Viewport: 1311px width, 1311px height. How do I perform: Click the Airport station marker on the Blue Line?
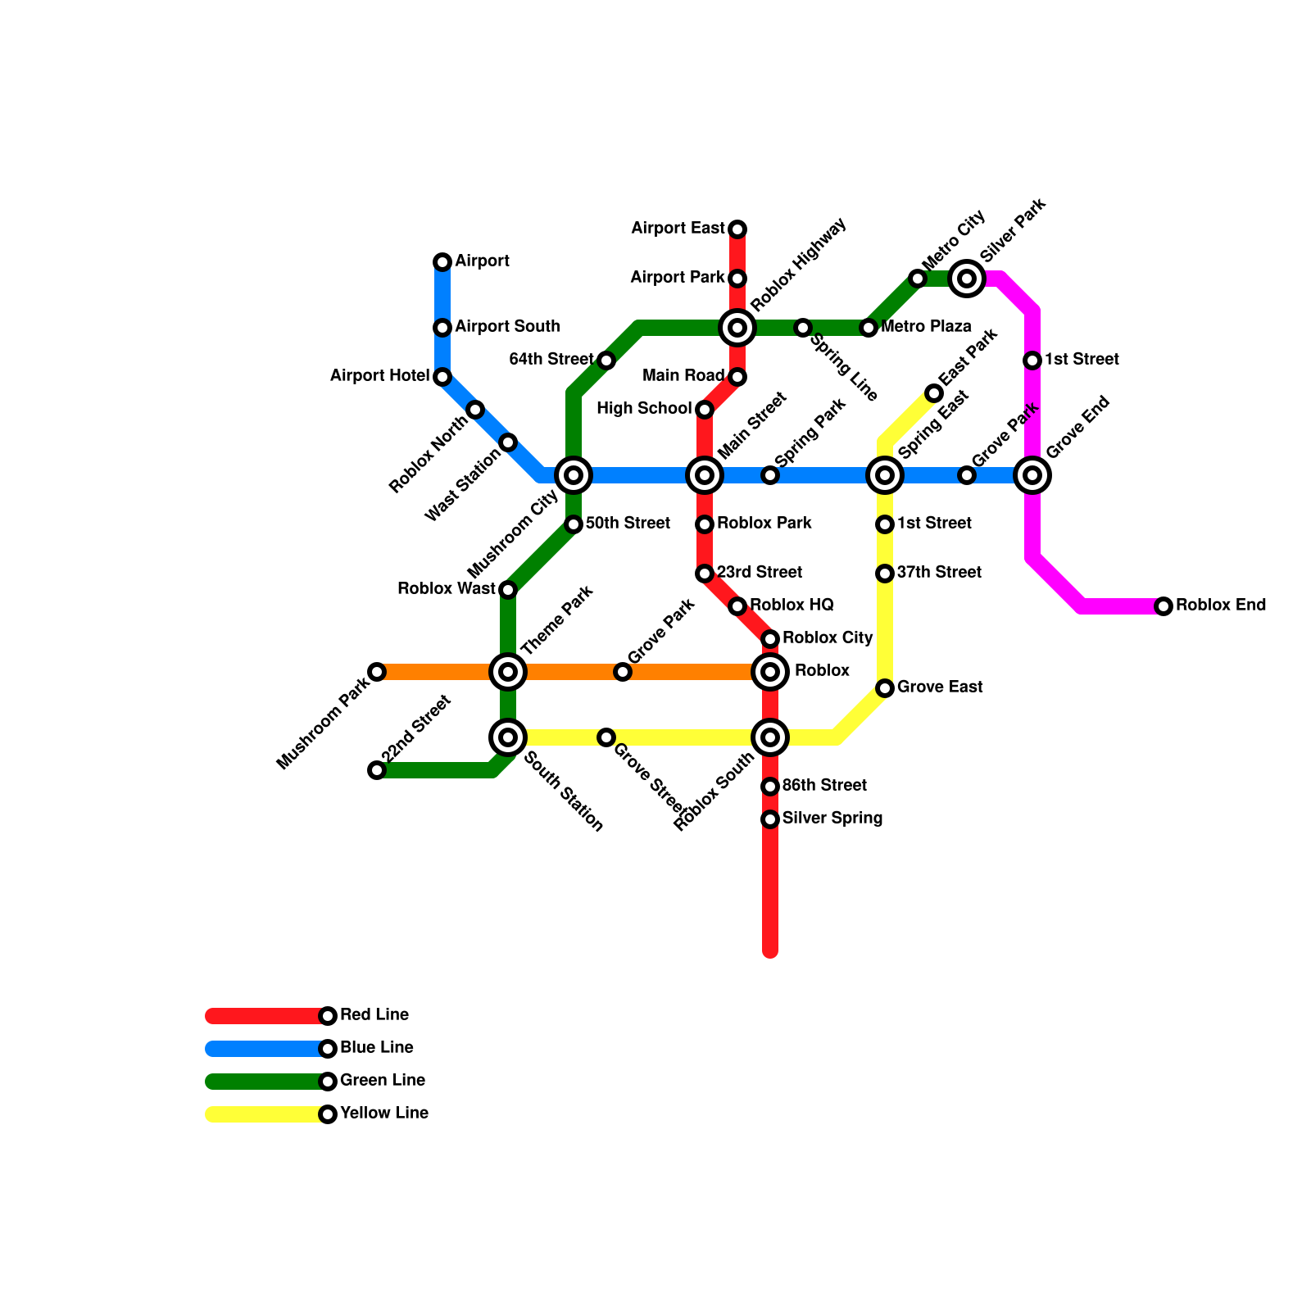tap(442, 262)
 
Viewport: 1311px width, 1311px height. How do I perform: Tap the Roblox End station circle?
tap(1164, 606)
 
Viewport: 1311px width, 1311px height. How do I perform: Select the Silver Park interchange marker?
tap(967, 279)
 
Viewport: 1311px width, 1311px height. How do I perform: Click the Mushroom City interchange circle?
tap(574, 475)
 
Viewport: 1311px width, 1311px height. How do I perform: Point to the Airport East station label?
tap(678, 229)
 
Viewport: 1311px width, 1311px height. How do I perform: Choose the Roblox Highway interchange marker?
tap(737, 328)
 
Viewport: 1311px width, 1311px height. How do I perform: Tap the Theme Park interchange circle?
tap(508, 672)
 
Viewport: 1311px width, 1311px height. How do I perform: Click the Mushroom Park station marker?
tap(377, 672)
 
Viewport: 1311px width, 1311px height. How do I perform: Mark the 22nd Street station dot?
tap(377, 770)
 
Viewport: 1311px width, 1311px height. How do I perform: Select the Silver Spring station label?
tap(832, 819)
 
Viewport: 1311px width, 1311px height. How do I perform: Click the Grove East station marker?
tap(885, 688)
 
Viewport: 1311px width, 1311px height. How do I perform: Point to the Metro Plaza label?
tap(926, 327)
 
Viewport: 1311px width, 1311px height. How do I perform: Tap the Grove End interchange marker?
tap(1032, 475)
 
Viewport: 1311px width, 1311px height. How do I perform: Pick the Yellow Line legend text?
tap(384, 1114)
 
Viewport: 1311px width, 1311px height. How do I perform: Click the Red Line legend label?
tap(374, 1015)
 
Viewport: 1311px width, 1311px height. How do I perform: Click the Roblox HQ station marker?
tap(737, 606)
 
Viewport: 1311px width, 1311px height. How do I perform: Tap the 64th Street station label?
tap(551, 360)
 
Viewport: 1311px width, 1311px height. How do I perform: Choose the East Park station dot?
tap(934, 393)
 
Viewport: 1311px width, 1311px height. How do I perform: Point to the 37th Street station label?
tap(939, 573)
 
